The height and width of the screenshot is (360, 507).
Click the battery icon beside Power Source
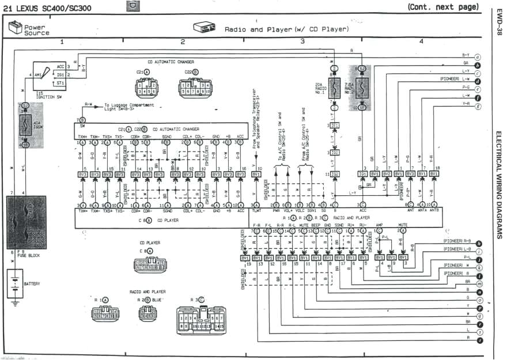pyautogui.click(x=16, y=27)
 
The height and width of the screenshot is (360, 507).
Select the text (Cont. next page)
pyautogui.click(x=442, y=7)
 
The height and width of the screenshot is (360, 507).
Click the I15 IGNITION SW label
pyautogui.click(x=46, y=94)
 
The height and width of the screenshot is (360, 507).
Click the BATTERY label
pyautogui.click(x=33, y=283)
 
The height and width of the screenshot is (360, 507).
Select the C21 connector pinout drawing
pyautogui.click(x=147, y=89)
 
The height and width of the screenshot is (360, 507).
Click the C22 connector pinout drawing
pyautogui.click(x=195, y=90)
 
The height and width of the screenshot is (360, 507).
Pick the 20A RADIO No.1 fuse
pyautogui.click(x=334, y=88)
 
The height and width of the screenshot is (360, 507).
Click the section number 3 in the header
pyautogui.click(x=302, y=42)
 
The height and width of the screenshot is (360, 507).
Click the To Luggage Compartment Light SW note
pyautogui.click(x=130, y=107)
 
